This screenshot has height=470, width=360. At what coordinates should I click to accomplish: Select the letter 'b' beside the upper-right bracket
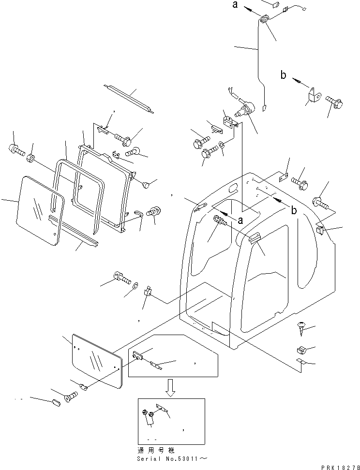click(x=284, y=74)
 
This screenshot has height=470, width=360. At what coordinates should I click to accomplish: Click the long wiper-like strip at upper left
click(x=129, y=98)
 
